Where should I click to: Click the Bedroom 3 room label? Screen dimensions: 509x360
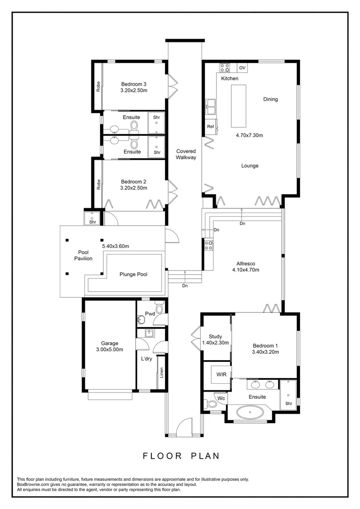click(134, 85)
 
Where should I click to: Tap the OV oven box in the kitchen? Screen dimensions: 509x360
click(242, 68)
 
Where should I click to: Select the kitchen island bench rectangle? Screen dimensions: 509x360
click(238, 106)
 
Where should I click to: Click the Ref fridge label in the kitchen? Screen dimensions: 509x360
click(211, 127)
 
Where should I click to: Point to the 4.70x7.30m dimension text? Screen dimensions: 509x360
click(249, 135)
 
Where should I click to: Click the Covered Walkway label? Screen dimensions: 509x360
click(186, 155)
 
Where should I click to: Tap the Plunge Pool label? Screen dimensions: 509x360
click(133, 274)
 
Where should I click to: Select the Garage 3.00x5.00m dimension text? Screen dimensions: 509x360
click(109, 350)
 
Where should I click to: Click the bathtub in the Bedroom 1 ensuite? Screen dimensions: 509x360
click(250, 414)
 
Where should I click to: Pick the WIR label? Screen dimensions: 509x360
click(221, 374)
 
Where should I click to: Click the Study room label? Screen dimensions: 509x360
click(215, 337)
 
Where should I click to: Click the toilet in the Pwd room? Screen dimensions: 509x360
click(159, 309)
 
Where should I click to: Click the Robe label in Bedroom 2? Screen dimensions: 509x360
click(98, 184)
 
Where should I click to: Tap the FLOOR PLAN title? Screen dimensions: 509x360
click(181, 456)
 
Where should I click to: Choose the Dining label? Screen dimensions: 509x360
click(270, 99)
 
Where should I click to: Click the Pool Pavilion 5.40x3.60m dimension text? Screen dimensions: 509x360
click(115, 246)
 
